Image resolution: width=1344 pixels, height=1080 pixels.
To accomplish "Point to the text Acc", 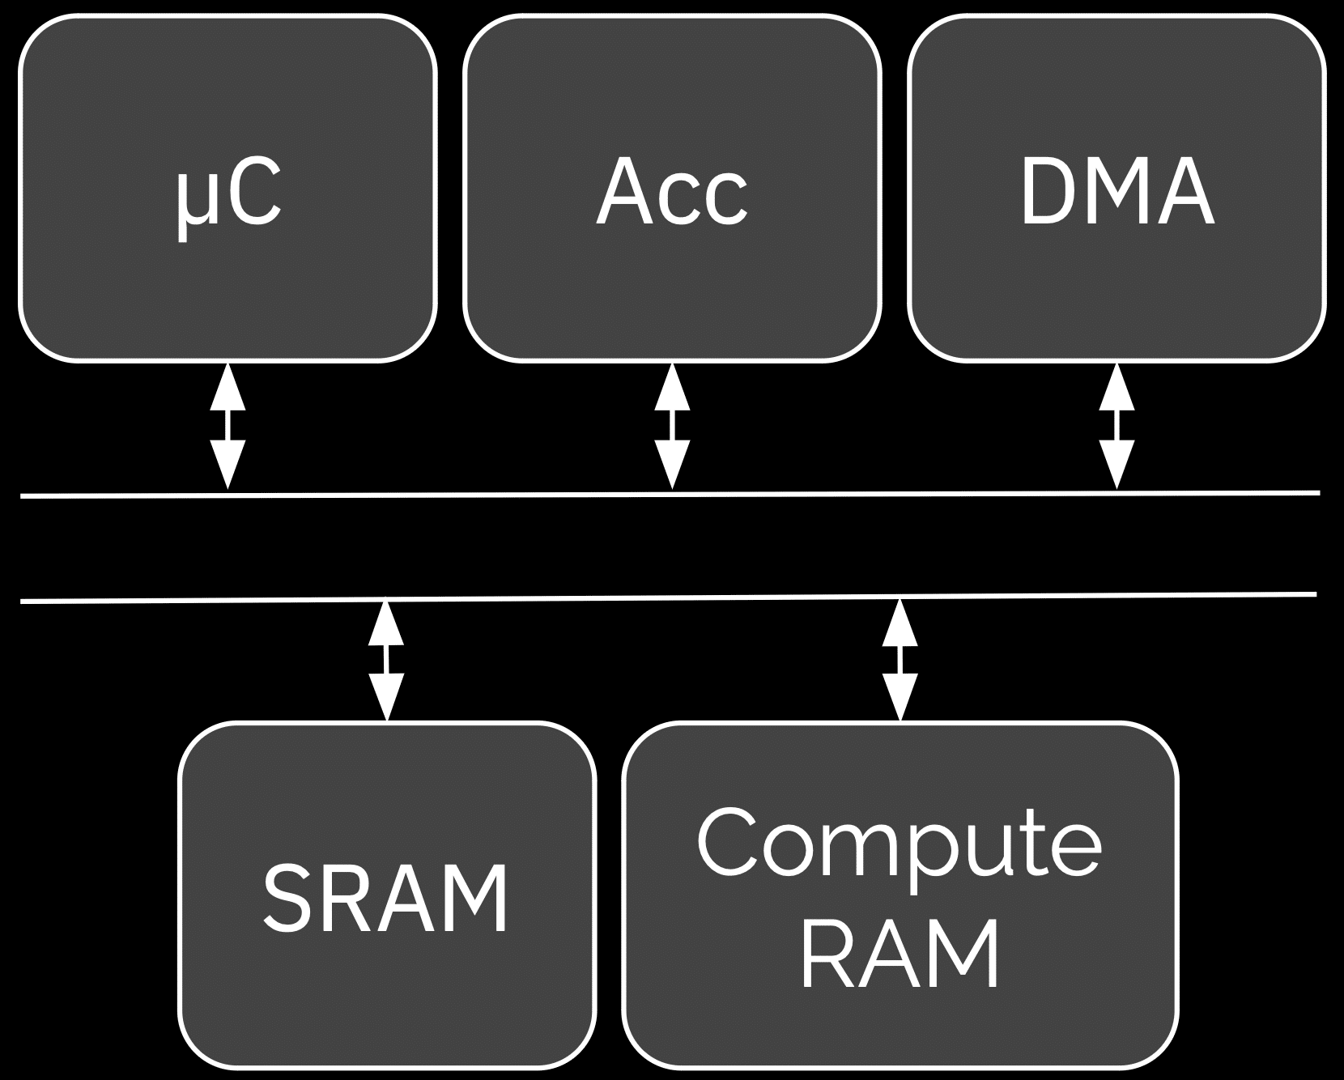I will coord(671,193).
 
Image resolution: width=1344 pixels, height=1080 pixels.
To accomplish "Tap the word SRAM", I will coord(386,899).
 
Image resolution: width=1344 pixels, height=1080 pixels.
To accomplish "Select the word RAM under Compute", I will coord(900,955).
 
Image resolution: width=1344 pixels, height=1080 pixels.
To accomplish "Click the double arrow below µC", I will coord(228,427).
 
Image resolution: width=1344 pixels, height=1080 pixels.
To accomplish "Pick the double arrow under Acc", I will coord(672,427).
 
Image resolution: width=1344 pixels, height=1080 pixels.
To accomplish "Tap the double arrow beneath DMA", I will coord(1116,427).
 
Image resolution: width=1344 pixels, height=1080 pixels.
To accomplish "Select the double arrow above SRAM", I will coord(386,660).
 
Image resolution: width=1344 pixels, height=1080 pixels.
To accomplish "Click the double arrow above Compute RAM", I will coord(900,659).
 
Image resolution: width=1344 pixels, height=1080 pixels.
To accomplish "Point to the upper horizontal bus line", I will coord(486,493).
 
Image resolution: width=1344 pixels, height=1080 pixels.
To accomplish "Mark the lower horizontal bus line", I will coord(648,598).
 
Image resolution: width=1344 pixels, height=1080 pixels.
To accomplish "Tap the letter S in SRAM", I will coord(288,899).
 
